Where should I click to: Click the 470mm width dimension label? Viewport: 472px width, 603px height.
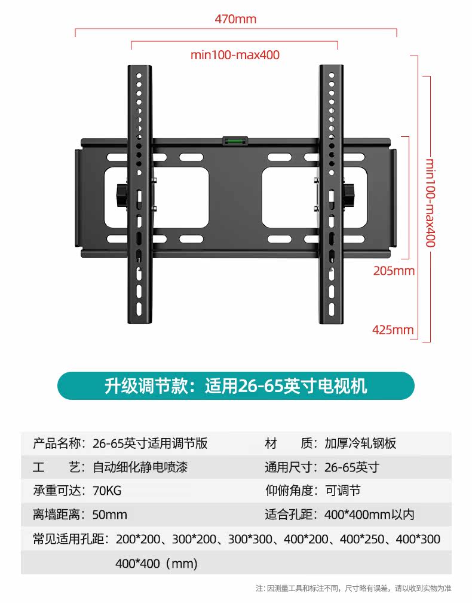(235, 19)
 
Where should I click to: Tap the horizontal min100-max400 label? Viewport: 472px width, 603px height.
(235, 55)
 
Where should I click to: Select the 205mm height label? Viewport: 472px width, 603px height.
(393, 271)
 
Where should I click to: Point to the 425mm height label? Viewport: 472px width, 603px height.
(393, 329)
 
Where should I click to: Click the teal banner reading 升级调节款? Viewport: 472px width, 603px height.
(235, 385)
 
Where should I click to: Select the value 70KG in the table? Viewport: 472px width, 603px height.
(107, 491)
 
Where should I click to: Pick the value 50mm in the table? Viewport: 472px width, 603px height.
(110, 515)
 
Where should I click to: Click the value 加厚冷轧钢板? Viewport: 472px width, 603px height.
(360, 443)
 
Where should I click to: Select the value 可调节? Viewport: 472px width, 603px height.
(342, 491)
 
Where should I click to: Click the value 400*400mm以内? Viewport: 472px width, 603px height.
(369, 515)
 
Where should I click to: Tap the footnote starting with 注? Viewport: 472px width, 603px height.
(353, 588)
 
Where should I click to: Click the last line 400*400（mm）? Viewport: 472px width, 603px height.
(156, 563)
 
